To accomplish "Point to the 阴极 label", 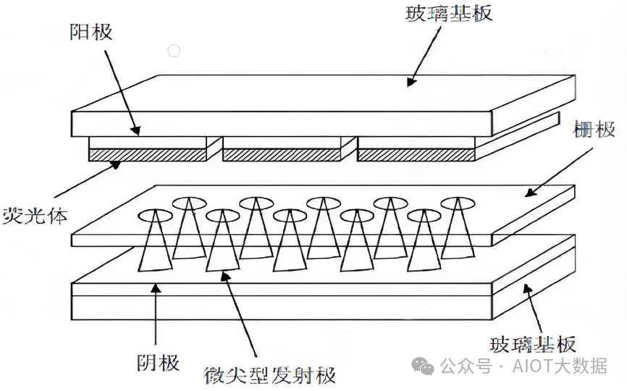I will coord(158,361).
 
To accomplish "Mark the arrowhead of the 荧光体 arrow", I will coord(119,164).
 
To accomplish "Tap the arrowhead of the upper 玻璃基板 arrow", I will coord(411,83).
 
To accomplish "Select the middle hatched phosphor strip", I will coord(281,155).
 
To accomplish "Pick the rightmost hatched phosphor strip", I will coord(416,155).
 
